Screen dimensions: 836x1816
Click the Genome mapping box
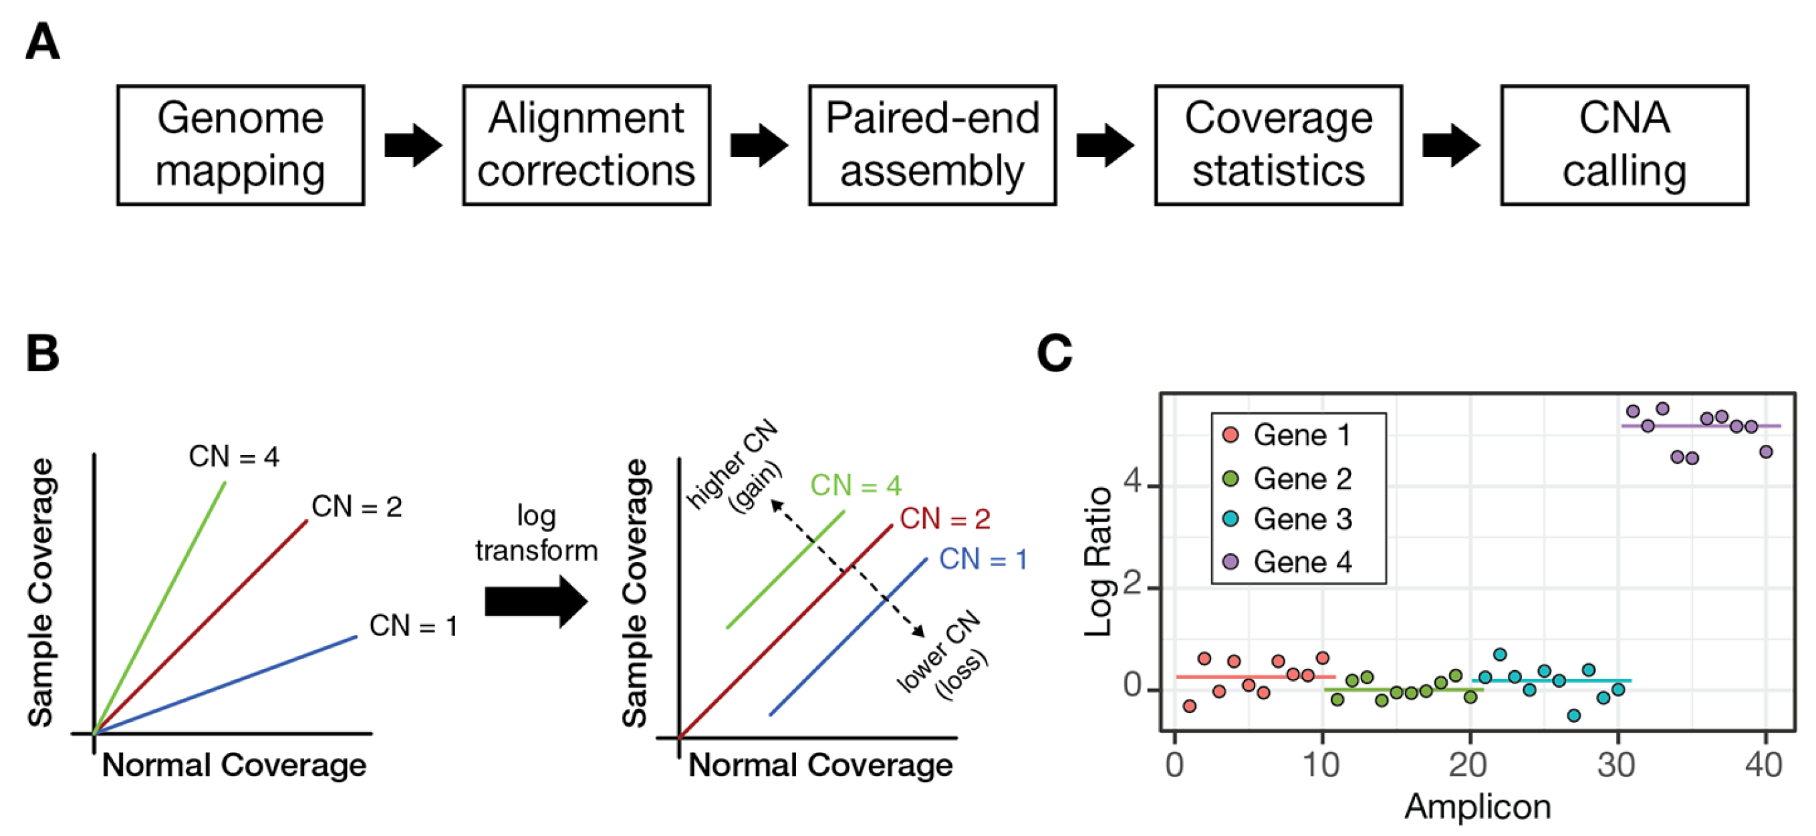241,145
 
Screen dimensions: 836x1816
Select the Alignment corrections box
586,145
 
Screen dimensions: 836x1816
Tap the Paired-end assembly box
932,145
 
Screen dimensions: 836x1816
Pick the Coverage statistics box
1278,145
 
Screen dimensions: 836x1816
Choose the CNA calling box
1624,145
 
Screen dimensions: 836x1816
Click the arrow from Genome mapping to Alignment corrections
413,145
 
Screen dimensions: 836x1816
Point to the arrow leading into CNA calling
1451,145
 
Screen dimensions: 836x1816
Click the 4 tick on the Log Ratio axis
1132,484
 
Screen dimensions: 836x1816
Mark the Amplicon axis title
1478,807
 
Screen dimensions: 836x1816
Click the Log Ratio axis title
1098,562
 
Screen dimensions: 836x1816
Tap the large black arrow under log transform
537,601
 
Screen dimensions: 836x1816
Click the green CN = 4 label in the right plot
856,485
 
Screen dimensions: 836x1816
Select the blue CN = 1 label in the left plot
413,626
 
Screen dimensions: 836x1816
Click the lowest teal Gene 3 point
1573,716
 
